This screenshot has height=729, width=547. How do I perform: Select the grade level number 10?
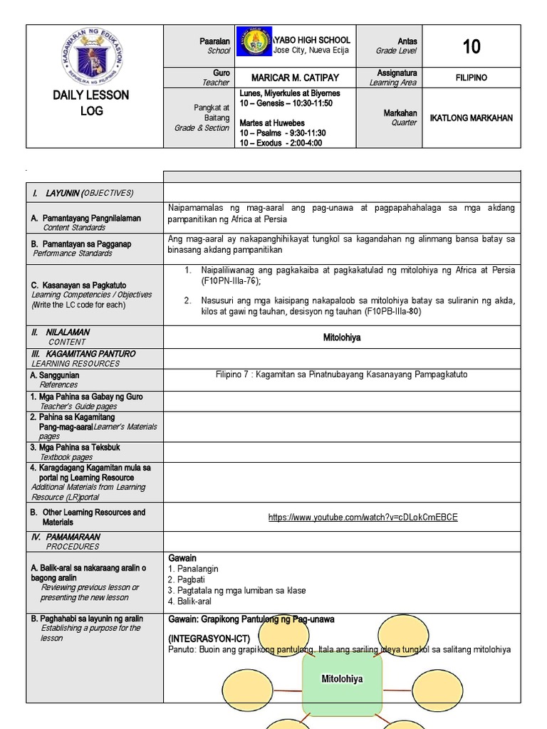471,47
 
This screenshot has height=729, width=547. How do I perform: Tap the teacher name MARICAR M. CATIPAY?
295,78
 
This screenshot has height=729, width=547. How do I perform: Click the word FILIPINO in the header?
471,78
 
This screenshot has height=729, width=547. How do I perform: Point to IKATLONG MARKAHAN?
471,117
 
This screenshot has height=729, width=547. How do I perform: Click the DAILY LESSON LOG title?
91,103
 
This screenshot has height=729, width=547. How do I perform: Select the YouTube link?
363,518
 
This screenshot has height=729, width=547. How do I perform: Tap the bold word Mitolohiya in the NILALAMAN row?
342,337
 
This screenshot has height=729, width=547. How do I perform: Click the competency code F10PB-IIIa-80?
399,311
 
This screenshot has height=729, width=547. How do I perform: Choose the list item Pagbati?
186,579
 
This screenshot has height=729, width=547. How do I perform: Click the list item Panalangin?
193,569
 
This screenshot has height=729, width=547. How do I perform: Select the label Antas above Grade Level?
407,41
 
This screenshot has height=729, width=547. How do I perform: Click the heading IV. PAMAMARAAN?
66,537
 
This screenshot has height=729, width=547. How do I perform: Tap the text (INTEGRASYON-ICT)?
209,639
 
